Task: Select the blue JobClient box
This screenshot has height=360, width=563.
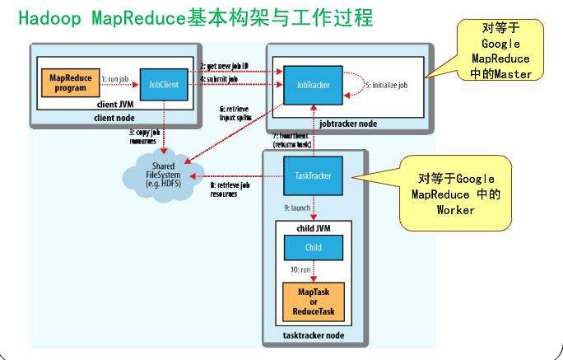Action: (x=161, y=84)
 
